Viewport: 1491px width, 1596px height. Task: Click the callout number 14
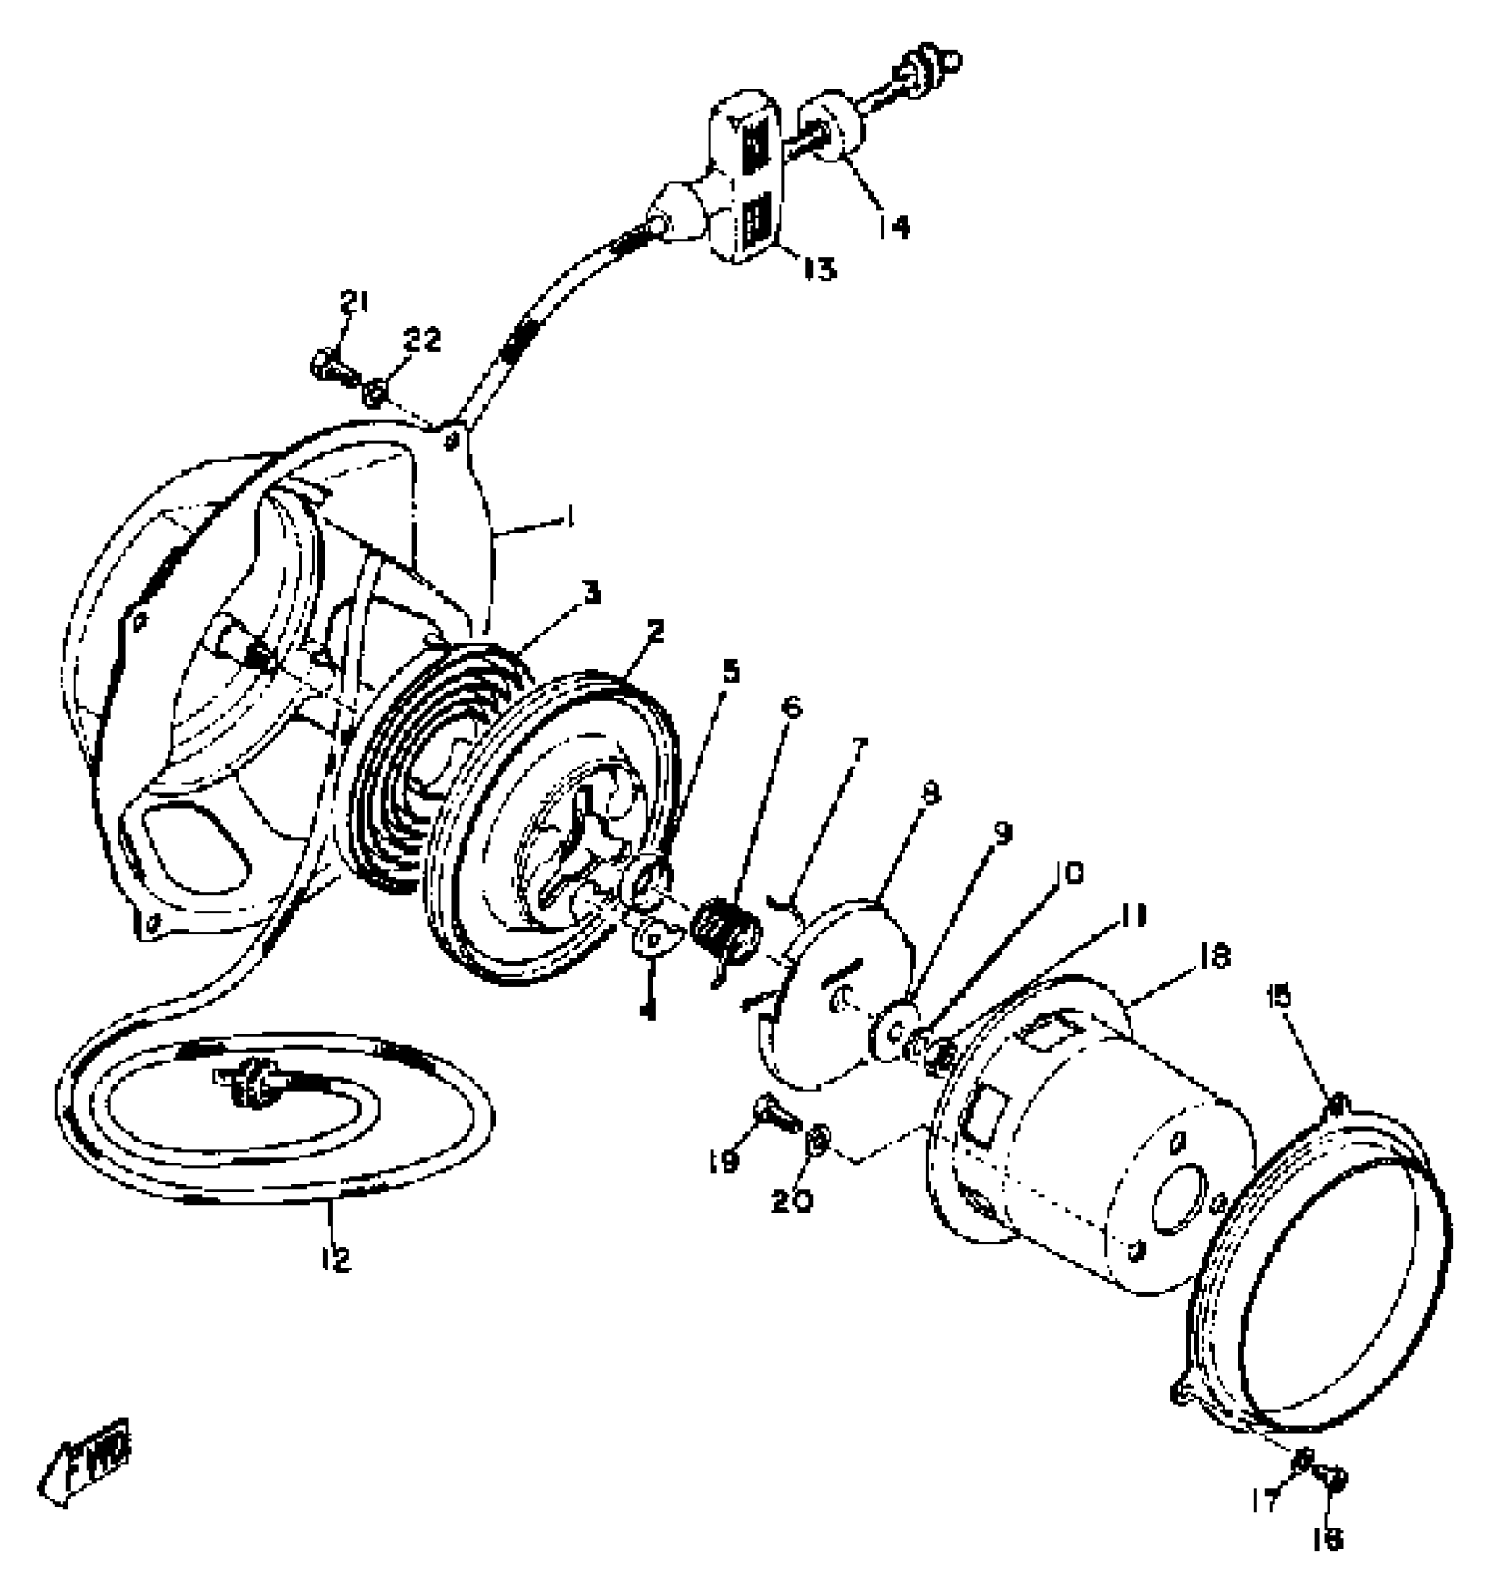coord(894,225)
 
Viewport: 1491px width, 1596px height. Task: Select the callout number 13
coord(820,268)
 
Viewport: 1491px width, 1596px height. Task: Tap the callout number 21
coord(354,304)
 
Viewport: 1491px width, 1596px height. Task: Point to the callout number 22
coord(422,340)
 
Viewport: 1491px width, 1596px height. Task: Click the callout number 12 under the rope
coord(336,1259)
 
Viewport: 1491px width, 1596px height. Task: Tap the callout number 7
coord(857,750)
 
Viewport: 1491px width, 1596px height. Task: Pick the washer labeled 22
coord(375,392)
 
